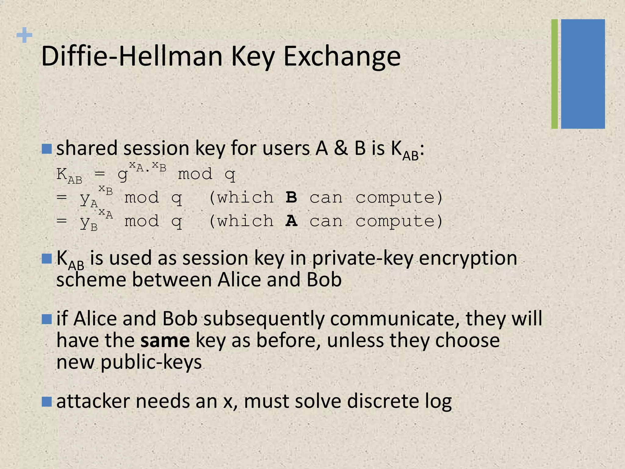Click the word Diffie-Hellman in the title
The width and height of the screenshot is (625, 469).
pos(132,56)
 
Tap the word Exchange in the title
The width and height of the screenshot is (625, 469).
pos(342,56)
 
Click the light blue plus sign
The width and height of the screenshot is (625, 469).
pos(24,35)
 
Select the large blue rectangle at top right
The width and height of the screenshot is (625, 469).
pos(583,74)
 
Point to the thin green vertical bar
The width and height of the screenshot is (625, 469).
pos(555,74)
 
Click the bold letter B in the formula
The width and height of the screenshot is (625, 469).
pos(291,198)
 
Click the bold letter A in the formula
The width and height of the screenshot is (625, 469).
pos(291,221)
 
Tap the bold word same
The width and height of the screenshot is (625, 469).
pos(165,340)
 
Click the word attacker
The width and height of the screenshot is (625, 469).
pos(93,401)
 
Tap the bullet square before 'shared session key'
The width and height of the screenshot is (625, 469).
pos(47,149)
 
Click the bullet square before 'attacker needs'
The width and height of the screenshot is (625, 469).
pos(47,402)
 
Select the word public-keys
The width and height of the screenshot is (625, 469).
pos(151,362)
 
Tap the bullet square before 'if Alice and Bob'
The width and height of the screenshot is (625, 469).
pos(47,319)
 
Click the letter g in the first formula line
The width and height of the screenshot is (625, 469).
pos(122,175)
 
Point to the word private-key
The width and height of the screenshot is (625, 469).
pos(363,258)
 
